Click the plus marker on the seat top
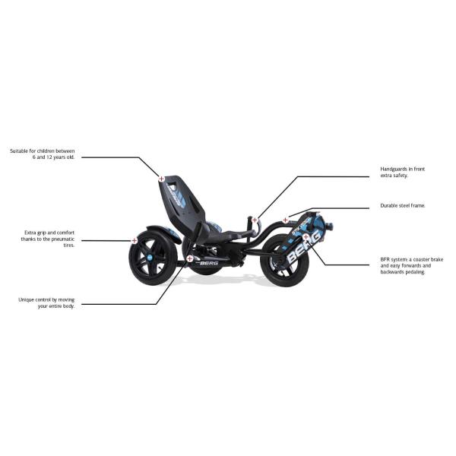(161, 179)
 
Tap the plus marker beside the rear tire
(135, 240)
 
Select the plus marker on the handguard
(255, 220)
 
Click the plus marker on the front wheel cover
(306, 237)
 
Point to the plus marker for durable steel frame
(285, 220)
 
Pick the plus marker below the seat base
(189, 258)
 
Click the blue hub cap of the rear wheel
(150, 257)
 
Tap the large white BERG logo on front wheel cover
(304, 248)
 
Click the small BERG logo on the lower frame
(209, 263)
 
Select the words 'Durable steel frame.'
(403, 206)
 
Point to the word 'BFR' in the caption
(385, 259)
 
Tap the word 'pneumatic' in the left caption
(63, 239)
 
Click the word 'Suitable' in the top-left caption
(19, 151)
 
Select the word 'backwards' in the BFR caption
(391, 272)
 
